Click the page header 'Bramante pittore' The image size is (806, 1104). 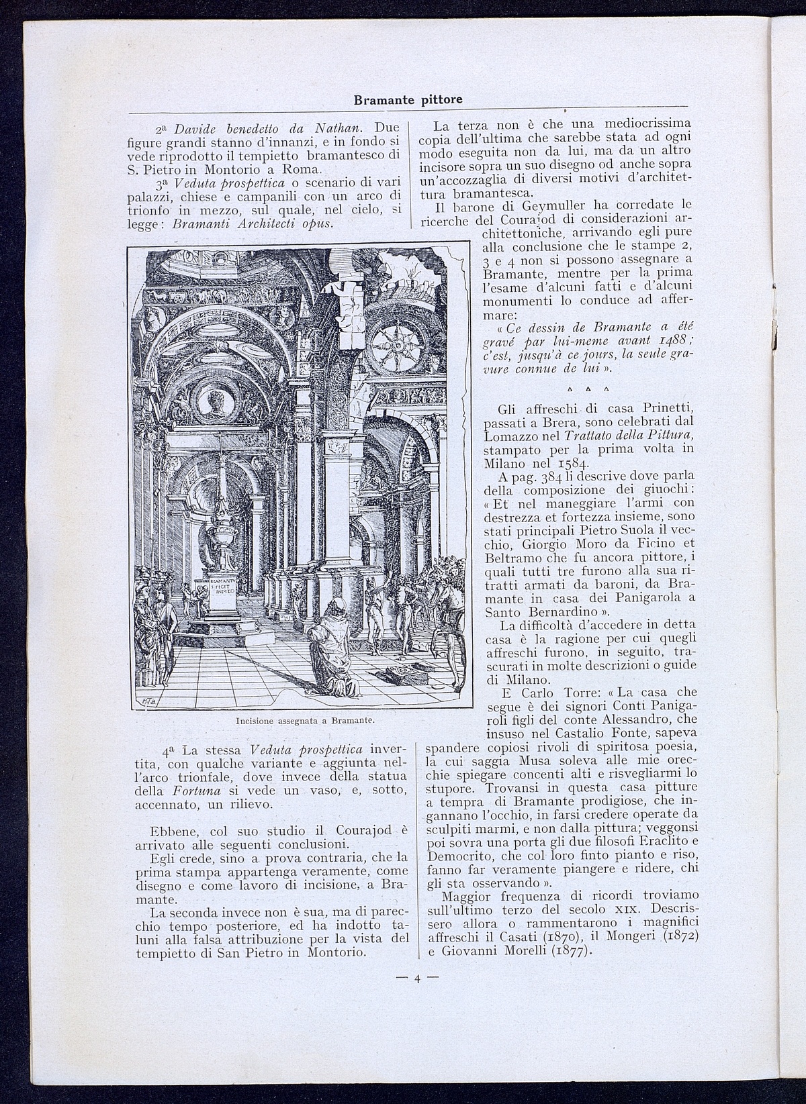(408, 100)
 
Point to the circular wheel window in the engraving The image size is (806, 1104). (398, 343)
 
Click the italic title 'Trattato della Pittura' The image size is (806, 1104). (639, 435)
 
